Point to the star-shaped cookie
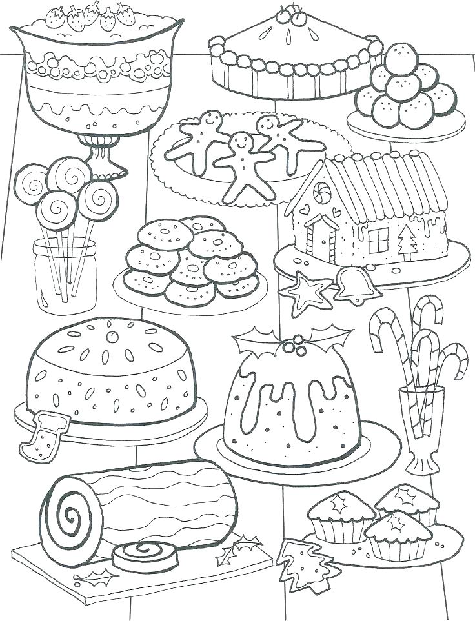(307, 290)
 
